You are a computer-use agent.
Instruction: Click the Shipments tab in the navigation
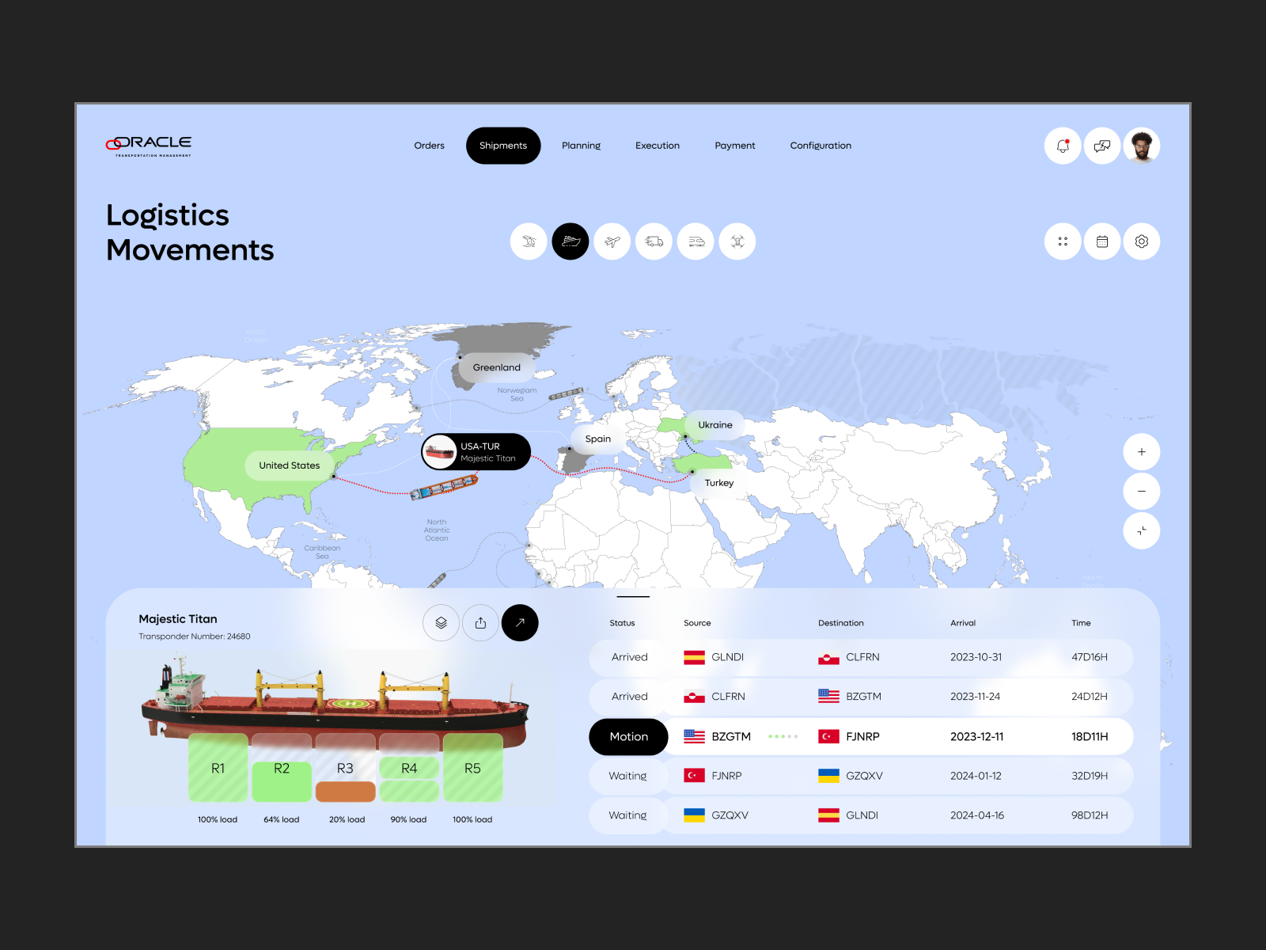click(x=503, y=146)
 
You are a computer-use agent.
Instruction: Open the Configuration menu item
click(x=821, y=146)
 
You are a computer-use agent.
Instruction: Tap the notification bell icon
click(x=1063, y=146)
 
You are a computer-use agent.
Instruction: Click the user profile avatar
click(x=1141, y=146)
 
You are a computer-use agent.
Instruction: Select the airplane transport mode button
click(x=612, y=241)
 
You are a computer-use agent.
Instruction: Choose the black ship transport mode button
click(x=570, y=241)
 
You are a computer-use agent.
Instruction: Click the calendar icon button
click(x=1102, y=241)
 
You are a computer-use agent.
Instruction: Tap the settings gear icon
click(x=1141, y=241)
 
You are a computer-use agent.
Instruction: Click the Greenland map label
click(x=497, y=367)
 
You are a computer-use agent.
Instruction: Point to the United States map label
click(x=289, y=465)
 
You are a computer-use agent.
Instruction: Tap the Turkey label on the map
click(x=719, y=483)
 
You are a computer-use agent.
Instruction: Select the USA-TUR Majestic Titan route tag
click(x=476, y=452)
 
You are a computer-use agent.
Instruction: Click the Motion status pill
click(x=628, y=737)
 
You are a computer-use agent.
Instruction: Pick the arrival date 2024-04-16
click(x=977, y=815)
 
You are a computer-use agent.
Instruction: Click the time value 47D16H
click(x=1090, y=657)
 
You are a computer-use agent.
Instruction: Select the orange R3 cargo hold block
click(x=345, y=791)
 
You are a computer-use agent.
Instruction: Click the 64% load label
click(x=282, y=819)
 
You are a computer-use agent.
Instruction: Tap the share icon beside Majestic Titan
click(x=480, y=623)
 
